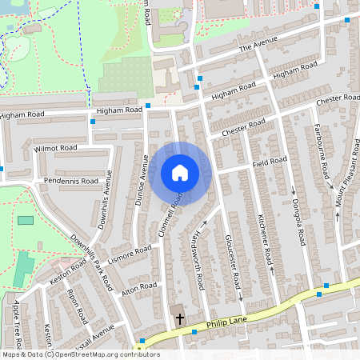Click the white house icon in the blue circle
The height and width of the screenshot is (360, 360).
[x=179, y=173]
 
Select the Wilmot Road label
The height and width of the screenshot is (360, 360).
[x=55, y=148]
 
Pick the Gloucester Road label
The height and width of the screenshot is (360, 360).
[x=233, y=262]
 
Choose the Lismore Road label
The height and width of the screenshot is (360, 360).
[x=130, y=252]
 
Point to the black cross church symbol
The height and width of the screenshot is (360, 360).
[x=179, y=318]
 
